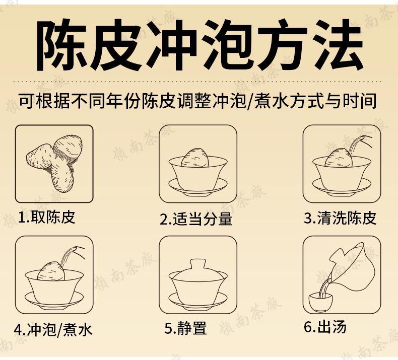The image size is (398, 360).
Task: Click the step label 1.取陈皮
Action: click(47, 218)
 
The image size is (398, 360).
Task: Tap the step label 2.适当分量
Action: click(196, 219)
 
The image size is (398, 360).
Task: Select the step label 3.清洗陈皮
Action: click(340, 218)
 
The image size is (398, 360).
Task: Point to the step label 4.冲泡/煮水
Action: click(53, 330)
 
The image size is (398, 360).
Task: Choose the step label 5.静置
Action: click(185, 328)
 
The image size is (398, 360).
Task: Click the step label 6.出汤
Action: click(325, 326)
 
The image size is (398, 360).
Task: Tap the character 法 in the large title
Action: click(338, 45)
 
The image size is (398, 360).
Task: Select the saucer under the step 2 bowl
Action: click(198, 187)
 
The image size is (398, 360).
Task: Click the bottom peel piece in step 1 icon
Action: click(62, 177)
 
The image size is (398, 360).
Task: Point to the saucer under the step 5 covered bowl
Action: click(198, 301)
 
